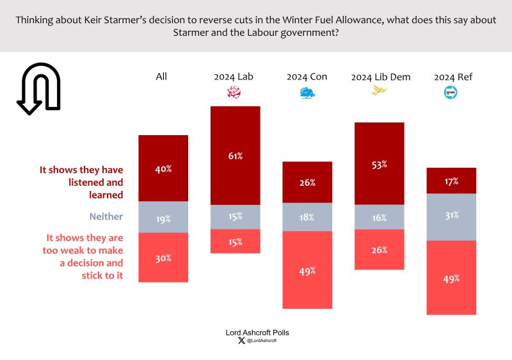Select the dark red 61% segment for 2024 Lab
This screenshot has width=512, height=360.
click(x=235, y=156)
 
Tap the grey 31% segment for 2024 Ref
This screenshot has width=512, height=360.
click(x=452, y=217)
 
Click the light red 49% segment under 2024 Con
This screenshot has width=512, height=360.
click(x=307, y=270)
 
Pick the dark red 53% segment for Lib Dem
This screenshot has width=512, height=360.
click(x=380, y=164)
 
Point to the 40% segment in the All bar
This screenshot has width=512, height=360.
click(x=163, y=169)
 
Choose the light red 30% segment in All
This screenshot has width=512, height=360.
click(x=163, y=258)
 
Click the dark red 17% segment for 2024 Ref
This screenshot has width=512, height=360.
click(x=452, y=181)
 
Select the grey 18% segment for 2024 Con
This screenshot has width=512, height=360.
click(x=307, y=218)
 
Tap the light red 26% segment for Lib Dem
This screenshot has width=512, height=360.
click(x=380, y=249)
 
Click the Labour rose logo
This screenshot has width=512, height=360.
click(x=235, y=94)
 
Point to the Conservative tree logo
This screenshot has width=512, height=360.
click(x=307, y=94)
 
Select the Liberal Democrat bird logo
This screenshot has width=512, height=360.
click(x=380, y=92)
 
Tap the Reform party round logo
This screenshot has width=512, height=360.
click(x=452, y=94)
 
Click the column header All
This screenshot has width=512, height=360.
click(x=161, y=76)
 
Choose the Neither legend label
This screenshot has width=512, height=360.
click(x=106, y=217)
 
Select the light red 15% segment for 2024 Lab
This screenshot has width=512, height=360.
click(x=235, y=242)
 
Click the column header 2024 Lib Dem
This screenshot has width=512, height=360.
click(x=380, y=77)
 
